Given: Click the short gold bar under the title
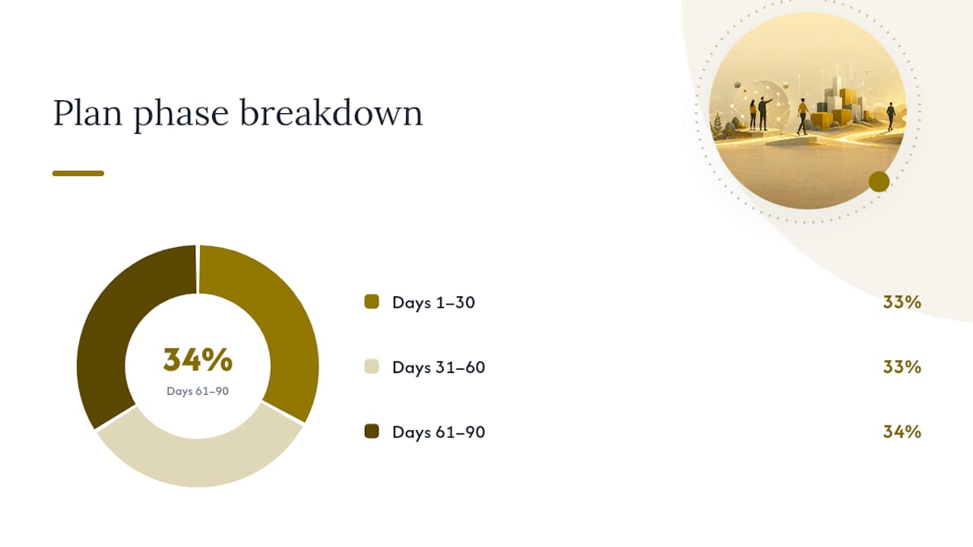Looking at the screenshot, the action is [78, 173].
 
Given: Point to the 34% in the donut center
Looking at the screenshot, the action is [198, 360].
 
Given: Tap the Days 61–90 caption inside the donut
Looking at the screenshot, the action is [198, 391].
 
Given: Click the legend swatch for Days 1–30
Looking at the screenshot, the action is [372, 302].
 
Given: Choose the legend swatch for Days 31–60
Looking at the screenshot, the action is [372, 366].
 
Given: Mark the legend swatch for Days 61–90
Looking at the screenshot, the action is [372, 432].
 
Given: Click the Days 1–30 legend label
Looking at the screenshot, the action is [433, 302].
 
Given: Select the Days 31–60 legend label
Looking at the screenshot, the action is [439, 367].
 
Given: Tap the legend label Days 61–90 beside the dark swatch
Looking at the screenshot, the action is [439, 432].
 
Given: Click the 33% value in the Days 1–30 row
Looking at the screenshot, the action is [902, 302].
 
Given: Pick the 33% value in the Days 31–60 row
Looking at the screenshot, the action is [902, 367].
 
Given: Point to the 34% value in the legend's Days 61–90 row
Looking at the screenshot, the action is [902, 432].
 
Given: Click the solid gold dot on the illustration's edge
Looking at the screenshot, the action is [880, 182].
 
